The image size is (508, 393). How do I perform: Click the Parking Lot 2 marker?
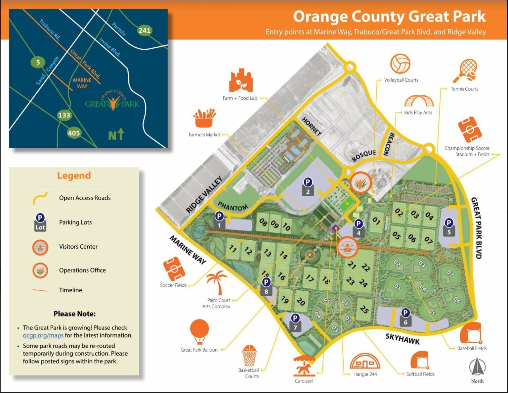(308, 186)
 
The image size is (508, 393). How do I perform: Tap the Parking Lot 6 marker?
(405, 317)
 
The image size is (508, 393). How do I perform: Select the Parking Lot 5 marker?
(449, 227)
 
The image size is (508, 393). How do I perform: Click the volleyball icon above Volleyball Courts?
(400, 64)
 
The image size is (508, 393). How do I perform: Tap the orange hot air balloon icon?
(199, 331)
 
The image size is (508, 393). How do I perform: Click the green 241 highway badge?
(145, 30)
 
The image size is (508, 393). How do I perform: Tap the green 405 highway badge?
(74, 133)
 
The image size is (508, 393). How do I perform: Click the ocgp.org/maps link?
(43, 335)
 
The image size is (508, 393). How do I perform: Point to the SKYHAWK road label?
(402, 339)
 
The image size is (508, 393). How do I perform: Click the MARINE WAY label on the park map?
(188, 250)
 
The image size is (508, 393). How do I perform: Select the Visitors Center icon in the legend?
(40, 247)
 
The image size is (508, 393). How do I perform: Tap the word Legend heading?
(74, 175)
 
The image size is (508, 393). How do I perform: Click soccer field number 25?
(364, 309)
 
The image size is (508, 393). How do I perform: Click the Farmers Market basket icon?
(204, 119)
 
